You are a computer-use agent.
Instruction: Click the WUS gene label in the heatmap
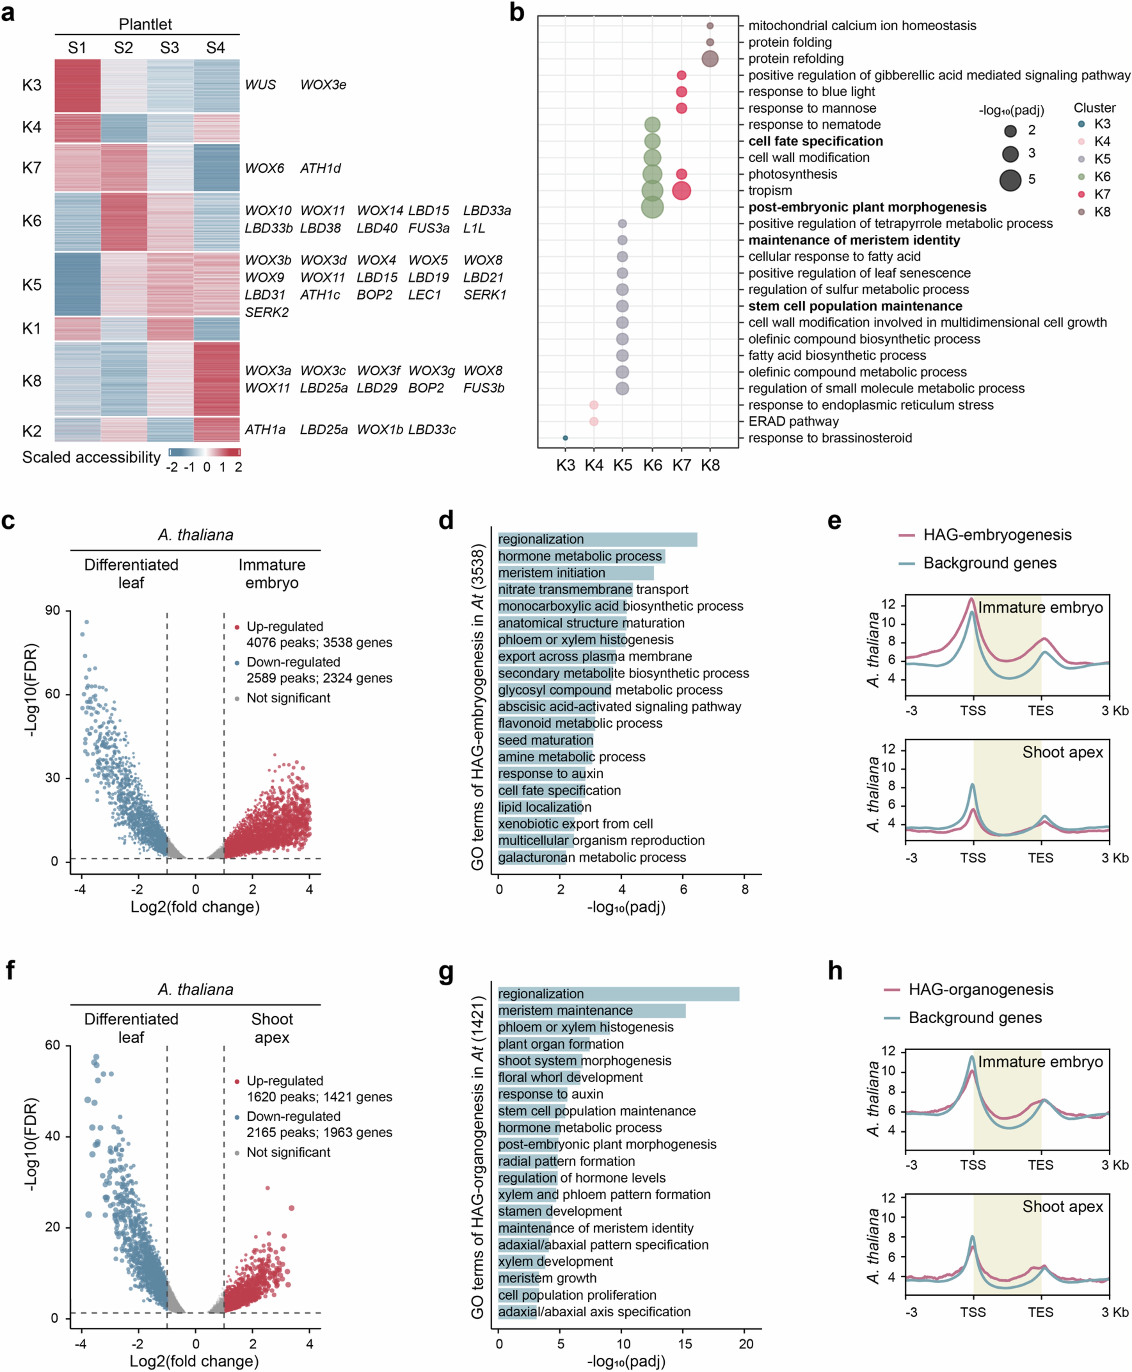click(x=260, y=85)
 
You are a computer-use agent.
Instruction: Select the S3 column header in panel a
click(x=170, y=48)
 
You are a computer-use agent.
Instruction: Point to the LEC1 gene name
click(x=425, y=295)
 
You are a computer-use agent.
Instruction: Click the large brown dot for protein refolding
click(x=710, y=59)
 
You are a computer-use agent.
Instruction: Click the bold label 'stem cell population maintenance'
click(x=855, y=306)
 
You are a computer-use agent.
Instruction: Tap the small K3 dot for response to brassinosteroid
click(x=565, y=438)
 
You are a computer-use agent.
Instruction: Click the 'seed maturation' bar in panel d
click(x=546, y=740)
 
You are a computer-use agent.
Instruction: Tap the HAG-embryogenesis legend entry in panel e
click(x=996, y=535)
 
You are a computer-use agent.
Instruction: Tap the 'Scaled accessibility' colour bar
click(x=204, y=452)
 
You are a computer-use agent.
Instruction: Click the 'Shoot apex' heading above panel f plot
click(x=272, y=1028)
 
